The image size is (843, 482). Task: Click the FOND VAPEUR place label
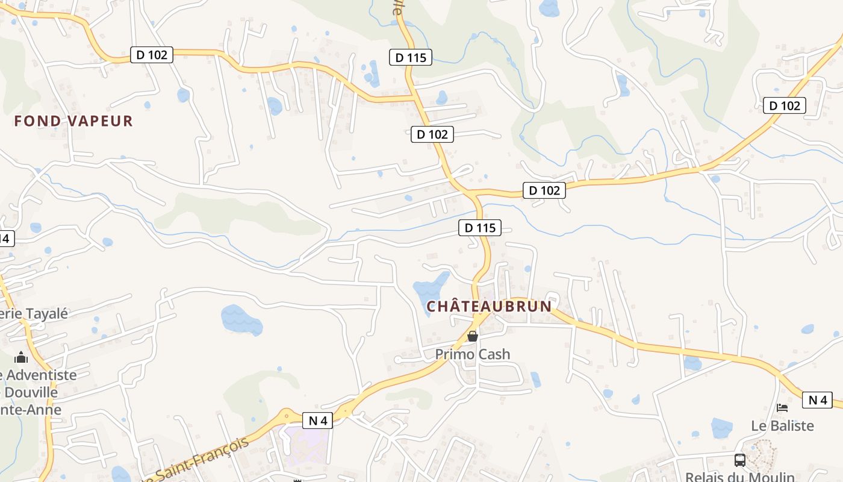(73, 121)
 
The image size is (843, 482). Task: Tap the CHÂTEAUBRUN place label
(489, 307)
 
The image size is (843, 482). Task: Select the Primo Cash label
(473, 354)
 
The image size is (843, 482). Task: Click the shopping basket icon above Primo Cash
(473, 336)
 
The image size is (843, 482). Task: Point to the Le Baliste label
(782, 425)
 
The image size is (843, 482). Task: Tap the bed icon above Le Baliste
(782, 408)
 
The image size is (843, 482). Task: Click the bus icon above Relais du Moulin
(739, 460)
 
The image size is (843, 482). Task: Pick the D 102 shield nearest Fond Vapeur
(152, 55)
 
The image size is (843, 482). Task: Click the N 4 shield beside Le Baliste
(817, 399)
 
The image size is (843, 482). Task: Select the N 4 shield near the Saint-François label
(317, 421)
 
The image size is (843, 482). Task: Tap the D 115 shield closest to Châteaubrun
(480, 228)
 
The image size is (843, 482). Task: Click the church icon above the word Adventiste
(22, 357)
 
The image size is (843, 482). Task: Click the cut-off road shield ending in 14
(6, 238)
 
